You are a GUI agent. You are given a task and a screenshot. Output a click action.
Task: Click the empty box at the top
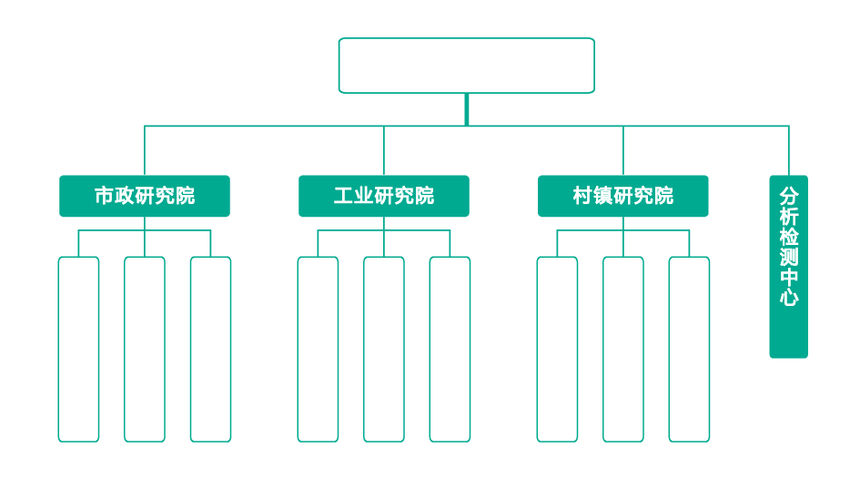(466, 66)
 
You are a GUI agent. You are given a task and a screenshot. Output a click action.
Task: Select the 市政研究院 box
(145, 196)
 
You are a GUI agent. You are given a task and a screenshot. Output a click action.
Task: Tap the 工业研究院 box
(384, 196)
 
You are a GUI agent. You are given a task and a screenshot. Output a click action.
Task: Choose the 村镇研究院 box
(623, 196)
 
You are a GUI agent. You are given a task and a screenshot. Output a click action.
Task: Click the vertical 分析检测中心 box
(788, 266)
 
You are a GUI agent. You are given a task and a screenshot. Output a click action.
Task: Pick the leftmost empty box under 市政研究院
(78, 349)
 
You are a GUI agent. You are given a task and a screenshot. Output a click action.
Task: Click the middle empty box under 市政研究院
(145, 349)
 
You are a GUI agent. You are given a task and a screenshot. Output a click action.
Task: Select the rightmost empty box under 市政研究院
(210, 349)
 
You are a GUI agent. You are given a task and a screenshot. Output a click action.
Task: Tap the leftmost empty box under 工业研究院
(318, 349)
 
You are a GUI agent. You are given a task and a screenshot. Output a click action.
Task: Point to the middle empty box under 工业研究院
(384, 349)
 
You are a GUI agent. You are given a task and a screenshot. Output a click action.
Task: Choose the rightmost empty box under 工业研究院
(450, 349)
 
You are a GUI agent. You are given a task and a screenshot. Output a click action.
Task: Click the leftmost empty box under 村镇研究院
(557, 349)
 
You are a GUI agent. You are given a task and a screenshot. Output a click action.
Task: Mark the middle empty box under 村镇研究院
(623, 349)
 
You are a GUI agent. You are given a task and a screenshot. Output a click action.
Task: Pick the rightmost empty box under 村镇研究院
(689, 349)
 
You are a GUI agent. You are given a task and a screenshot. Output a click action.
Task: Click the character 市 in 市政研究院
(105, 196)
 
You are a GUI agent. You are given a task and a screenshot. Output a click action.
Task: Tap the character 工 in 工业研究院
(344, 196)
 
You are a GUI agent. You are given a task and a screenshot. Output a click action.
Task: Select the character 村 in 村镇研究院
(583, 196)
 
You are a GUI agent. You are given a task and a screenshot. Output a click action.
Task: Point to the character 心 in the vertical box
(788, 297)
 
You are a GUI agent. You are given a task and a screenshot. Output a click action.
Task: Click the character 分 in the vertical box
(788, 197)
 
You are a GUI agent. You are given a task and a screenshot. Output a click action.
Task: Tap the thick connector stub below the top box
(466, 109)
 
